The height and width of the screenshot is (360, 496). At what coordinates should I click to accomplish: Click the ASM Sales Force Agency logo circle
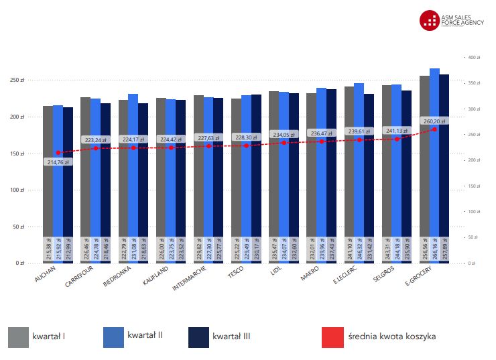click(428, 20)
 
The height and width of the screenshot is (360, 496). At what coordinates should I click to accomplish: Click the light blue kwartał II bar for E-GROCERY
click(434, 188)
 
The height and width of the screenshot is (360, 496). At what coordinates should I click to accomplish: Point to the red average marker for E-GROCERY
click(434, 129)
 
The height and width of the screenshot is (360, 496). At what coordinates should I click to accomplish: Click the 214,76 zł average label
click(58, 162)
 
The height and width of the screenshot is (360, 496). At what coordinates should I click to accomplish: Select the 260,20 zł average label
click(434, 121)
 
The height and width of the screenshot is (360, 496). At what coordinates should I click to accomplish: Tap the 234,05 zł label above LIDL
click(284, 133)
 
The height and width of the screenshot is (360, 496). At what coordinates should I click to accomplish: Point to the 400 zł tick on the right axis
click(474, 58)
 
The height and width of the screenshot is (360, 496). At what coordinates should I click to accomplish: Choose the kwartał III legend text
click(231, 336)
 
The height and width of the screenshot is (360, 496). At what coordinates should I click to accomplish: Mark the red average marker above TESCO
click(246, 145)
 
